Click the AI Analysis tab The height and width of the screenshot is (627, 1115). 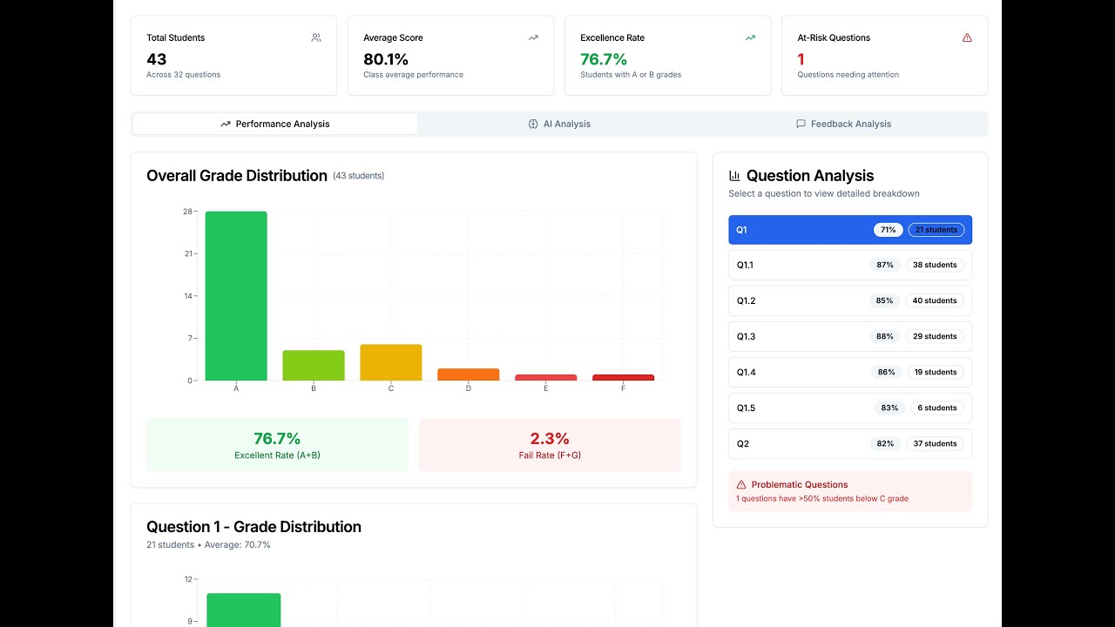pyautogui.click(x=559, y=124)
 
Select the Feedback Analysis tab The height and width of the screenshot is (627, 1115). pyautogui.click(x=843, y=124)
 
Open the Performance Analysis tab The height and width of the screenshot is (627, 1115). pyautogui.click(x=275, y=124)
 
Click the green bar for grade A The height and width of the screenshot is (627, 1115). pyautogui.click(x=236, y=296)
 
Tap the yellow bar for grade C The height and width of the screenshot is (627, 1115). pyautogui.click(x=390, y=362)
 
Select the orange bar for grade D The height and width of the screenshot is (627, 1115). pyautogui.click(x=468, y=374)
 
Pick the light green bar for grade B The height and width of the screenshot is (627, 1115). pyautogui.click(x=314, y=366)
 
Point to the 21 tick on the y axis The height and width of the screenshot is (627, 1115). pyautogui.click(x=188, y=253)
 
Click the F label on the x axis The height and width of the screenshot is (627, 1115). pyautogui.click(x=623, y=388)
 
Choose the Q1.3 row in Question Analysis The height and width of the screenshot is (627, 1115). pyautogui.click(x=849, y=336)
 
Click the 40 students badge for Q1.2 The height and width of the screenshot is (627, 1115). pyautogui.click(x=935, y=300)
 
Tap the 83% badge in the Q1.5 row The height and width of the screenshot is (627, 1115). pyautogui.click(x=889, y=408)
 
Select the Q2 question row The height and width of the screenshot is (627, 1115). pyautogui.click(x=849, y=443)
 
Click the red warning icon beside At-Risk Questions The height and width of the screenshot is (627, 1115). pyautogui.click(x=967, y=37)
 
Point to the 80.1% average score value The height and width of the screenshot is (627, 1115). pyautogui.click(x=386, y=59)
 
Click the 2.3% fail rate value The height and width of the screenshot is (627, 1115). pyautogui.click(x=550, y=439)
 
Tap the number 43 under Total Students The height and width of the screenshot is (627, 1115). pyautogui.click(x=157, y=59)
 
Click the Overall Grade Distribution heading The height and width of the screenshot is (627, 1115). pyautogui.click(x=237, y=176)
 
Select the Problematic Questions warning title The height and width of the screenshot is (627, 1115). pyautogui.click(x=799, y=484)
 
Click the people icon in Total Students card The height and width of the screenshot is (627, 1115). pyautogui.click(x=316, y=37)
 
